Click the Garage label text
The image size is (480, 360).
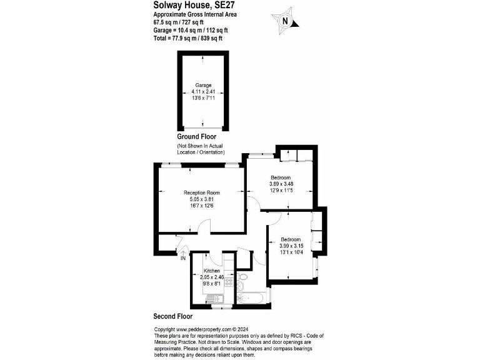203,85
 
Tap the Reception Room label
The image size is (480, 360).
201,192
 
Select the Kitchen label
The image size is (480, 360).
212,271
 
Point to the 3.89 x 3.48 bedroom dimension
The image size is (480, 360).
281,183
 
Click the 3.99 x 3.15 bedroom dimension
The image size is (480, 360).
291,246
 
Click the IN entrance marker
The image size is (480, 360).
183,258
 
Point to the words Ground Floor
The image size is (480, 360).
197,137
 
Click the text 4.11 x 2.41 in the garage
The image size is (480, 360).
203,91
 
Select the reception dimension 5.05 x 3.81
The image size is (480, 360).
201,199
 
